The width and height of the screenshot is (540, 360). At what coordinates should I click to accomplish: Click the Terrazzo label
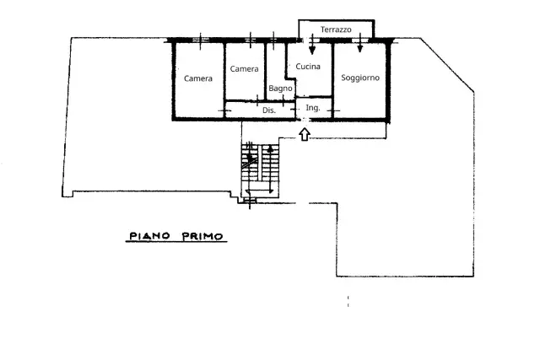pos(336,30)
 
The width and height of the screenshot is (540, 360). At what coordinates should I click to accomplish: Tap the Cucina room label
pos(308,66)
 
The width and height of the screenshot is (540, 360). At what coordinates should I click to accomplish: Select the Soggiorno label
pos(360,78)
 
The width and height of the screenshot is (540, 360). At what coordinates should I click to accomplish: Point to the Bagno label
pos(280,89)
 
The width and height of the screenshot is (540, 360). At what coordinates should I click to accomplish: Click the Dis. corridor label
pos(269,110)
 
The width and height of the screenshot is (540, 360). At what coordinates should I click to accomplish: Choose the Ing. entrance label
pos(313,108)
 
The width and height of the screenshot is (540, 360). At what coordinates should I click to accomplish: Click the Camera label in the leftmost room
pos(198,78)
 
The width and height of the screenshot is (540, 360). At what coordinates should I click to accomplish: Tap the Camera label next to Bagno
pos(244,69)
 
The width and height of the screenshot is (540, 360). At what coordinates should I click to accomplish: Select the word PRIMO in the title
pos(202,236)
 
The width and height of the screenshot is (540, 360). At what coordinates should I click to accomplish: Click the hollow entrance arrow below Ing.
pos(305,134)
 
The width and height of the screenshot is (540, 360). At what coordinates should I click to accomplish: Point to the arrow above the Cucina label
pos(312,44)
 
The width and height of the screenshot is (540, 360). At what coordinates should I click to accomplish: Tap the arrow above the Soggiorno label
pos(360,43)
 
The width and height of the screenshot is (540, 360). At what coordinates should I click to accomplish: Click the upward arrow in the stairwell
pos(270,169)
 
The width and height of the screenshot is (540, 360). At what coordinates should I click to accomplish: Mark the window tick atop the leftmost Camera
pos(201,41)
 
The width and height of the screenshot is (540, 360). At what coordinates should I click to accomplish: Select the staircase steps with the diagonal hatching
pos(250,162)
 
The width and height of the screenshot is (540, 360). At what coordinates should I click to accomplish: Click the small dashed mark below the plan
pos(348,301)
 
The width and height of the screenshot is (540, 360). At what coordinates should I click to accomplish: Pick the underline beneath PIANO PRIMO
pos(176,242)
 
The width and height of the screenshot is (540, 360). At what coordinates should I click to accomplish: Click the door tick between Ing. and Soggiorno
pos(333,110)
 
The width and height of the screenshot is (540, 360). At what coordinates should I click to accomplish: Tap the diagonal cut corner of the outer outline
pos(447,65)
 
